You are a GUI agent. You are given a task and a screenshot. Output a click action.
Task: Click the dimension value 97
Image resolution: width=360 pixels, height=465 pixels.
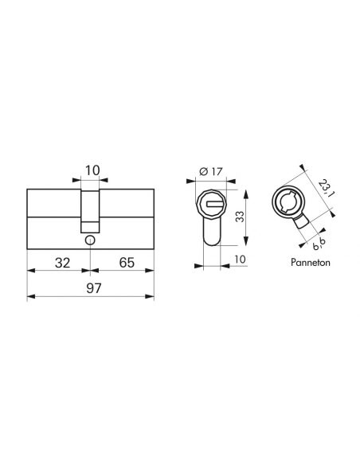tap(94, 288)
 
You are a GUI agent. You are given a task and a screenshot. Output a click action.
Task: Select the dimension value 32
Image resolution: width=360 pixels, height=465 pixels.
tap(62, 263)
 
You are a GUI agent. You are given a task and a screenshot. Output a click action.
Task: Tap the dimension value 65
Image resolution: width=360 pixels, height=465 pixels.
tap(127, 263)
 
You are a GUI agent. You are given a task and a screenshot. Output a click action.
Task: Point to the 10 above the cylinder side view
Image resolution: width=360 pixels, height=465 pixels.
tap(92, 170)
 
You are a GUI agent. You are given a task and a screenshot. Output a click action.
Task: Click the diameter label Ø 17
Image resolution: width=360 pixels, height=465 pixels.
tap(210, 171)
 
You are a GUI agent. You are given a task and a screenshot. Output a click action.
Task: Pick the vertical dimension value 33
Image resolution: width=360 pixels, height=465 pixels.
tap(241, 217)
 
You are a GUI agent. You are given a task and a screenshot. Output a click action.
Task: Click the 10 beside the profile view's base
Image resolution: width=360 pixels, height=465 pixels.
tap(240, 260)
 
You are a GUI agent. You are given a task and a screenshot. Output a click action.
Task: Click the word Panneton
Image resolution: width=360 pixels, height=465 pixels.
tap(310, 263)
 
